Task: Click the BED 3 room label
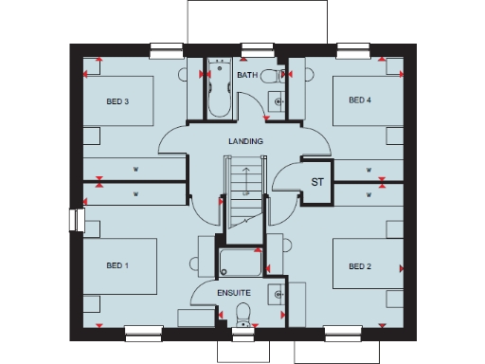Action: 119,101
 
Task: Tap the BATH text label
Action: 247,75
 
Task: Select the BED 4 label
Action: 360,100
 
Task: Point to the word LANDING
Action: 245,141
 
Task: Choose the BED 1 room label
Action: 117,265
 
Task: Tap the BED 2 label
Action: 360,265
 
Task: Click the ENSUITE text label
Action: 233,293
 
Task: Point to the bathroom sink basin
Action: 278,100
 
